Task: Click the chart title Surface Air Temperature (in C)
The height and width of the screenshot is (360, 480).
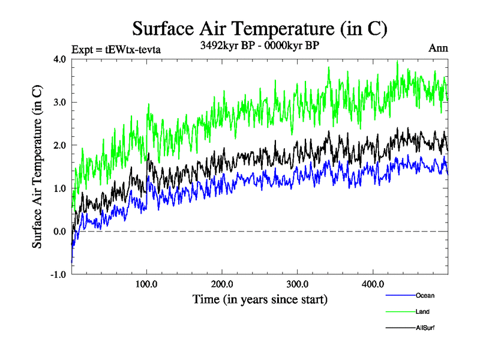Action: point(259,28)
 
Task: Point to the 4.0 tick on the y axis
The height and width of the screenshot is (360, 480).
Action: point(60,59)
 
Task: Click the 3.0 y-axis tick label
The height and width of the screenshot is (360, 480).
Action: point(60,102)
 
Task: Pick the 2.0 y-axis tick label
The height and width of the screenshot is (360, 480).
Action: point(60,145)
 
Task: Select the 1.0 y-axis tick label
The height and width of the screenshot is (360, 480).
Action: point(60,188)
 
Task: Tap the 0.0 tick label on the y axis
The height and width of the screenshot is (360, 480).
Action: point(60,232)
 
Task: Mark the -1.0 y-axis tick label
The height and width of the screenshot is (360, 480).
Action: point(58,275)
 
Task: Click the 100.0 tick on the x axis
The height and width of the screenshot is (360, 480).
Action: point(147,284)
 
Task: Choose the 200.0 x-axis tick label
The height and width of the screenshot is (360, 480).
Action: point(222,284)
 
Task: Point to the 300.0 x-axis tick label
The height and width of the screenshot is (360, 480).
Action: point(298,284)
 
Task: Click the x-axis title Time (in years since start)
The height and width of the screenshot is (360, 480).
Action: point(260,299)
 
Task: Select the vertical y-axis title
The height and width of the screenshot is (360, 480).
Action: point(37,166)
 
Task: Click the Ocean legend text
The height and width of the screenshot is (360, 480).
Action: point(425,295)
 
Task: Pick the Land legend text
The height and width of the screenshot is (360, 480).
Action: point(422,311)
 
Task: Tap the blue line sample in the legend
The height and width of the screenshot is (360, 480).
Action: point(399,295)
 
